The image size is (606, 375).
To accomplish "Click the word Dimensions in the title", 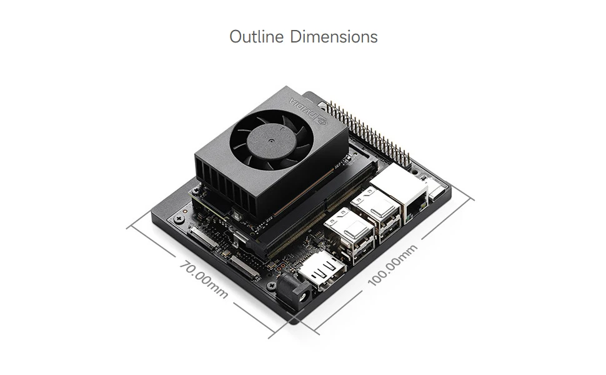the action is tap(334, 37).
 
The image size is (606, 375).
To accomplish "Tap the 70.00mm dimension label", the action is tap(204, 280).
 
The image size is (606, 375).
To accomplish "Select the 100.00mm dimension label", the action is tap(392, 265).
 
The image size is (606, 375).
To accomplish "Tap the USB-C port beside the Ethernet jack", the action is tap(436, 192).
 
